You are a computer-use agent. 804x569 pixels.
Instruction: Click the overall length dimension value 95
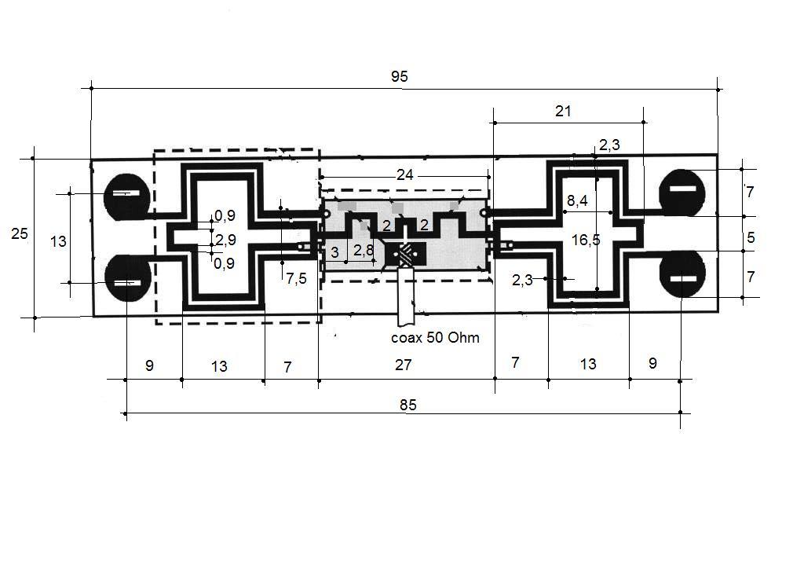point(400,76)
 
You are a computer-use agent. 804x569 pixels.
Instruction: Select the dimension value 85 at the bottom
point(408,406)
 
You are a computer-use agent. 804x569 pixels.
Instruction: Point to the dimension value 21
point(562,111)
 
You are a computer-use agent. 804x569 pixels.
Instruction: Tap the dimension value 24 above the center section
point(404,175)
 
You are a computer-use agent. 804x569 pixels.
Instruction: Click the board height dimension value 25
point(20,233)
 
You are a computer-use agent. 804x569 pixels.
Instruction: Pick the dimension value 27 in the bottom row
point(403,365)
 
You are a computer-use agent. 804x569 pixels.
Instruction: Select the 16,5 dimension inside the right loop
point(586,240)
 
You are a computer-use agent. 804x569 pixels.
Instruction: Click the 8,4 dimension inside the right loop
point(577,200)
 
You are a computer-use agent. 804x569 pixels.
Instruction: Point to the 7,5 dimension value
point(296,278)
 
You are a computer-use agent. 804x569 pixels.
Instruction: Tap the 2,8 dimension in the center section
point(364,250)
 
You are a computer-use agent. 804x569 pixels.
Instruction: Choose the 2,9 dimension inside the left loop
point(225,240)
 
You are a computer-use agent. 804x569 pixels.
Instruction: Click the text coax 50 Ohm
point(435,338)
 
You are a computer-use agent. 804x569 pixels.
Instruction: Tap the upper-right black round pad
point(682,193)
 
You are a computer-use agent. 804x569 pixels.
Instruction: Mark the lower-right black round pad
point(682,274)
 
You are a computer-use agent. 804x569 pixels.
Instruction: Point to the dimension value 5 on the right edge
point(751,237)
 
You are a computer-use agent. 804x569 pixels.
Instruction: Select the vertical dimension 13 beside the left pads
point(58,241)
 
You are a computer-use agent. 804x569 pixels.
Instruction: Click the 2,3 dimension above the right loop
point(609,145)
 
